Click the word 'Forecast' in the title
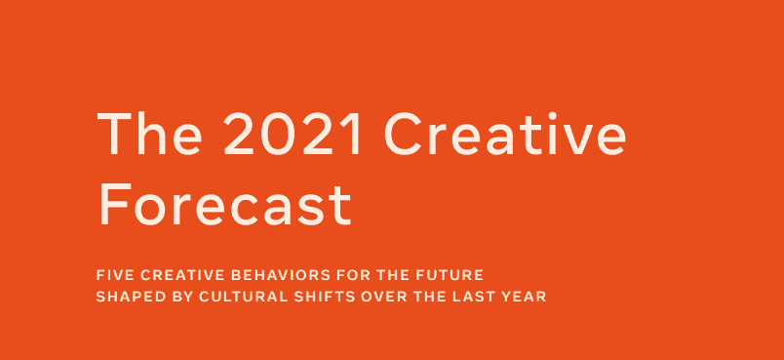[x=224, y=204]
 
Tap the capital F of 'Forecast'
[x=113, y=204]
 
